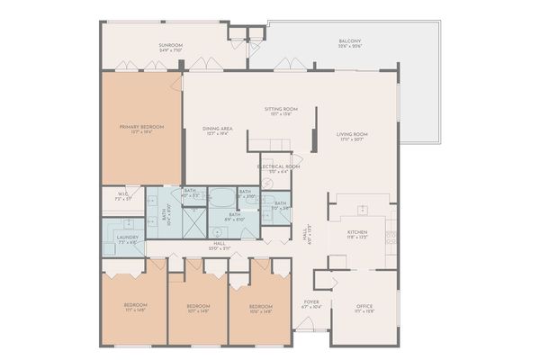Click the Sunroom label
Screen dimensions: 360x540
(x=171, y=47)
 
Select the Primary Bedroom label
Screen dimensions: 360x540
(x=141, y=129)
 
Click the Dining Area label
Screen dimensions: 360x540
(x=219, y=131)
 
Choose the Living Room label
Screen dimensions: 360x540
(x=354, y=138)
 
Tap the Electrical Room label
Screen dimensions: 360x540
(x=278, y=168)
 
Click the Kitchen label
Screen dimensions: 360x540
(x=358, y=232)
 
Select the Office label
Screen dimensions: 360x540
(x=364, y=306)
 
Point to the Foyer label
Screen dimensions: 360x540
(x=311, y=304)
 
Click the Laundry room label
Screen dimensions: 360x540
(x=127, y=238)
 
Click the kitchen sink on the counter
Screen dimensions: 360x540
(x=364, y=211)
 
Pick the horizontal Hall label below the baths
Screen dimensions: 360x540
(x=220, y=246)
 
